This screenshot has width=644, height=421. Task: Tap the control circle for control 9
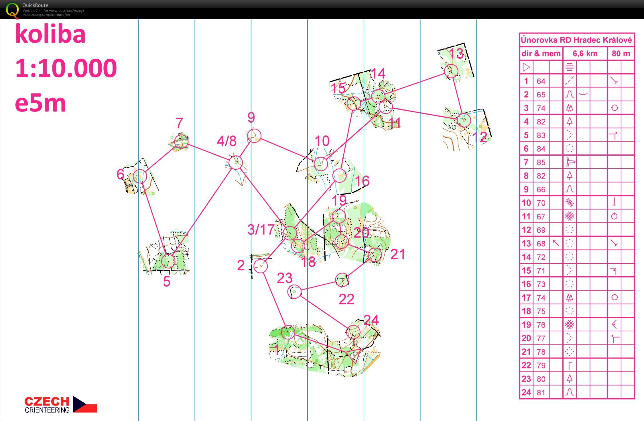click(254, 129)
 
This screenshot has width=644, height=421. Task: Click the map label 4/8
click(227, 141)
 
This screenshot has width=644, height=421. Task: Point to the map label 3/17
click(261, 230)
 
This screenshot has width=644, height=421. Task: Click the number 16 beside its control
click(362, 181)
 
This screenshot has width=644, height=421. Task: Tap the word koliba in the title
click(50, 34)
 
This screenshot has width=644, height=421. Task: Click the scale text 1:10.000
click(66, 68)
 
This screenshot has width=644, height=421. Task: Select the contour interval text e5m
click(40, 103)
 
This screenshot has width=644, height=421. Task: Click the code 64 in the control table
click(541, 81)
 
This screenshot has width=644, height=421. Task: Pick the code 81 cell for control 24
click(541, 392)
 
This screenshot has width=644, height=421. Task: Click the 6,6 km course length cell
click(585, 54)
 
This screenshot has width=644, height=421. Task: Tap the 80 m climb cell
click(621, 54)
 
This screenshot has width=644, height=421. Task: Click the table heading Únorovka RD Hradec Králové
click(576, 40)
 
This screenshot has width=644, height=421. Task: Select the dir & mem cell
click(541, 54)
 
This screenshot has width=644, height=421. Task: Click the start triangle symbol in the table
click(526, 67)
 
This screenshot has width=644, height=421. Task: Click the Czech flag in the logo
click(85, 404)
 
